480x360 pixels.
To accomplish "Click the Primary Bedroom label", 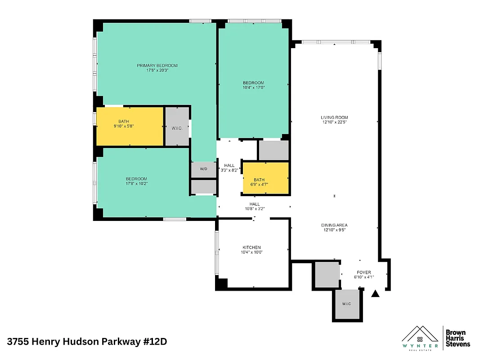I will [157, 66].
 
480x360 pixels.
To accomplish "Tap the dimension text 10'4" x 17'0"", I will [253, 88].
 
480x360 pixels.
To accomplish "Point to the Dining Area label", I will [334, 225].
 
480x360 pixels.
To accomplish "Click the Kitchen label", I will [251, 247].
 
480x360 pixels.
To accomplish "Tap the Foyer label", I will [363, 272].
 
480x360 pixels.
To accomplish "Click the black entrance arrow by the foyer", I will [375, 294].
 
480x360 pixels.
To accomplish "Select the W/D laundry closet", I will [203, 169].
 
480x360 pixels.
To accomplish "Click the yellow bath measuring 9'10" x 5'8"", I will [130, 126].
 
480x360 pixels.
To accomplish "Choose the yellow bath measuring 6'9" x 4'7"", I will [265, 178].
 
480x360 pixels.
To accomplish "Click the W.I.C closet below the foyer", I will [346, 304].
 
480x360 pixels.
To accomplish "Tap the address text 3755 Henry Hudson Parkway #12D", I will [87, 342].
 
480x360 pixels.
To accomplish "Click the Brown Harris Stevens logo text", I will [458, 338].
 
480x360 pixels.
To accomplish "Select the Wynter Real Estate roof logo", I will [420, 335].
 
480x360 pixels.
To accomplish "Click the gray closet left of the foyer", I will [327, 274].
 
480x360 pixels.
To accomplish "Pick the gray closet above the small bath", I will [273, 150].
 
